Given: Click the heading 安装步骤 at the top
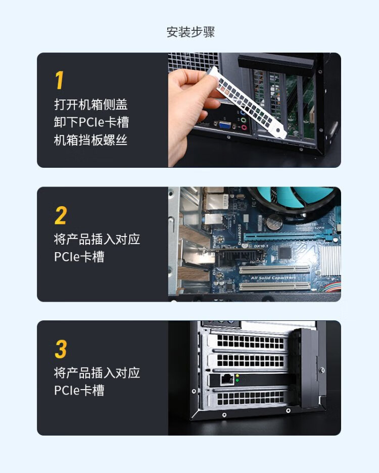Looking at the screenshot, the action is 191,32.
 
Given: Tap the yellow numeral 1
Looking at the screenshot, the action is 60,80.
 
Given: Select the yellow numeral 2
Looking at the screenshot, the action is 61,215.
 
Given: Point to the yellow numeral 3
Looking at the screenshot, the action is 61,349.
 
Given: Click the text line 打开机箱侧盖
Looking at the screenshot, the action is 91,105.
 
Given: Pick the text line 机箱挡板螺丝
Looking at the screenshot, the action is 90,140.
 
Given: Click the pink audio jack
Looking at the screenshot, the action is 245,127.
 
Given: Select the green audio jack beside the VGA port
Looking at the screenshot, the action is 244,120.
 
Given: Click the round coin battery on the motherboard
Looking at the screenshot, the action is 274,222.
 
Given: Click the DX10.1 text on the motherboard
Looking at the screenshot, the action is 261,247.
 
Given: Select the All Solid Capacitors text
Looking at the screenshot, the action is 273,278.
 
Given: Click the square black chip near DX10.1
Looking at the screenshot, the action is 284,253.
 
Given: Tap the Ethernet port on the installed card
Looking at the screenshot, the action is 227,380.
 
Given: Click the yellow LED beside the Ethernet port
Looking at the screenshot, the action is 237,376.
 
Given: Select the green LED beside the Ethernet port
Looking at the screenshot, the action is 237,381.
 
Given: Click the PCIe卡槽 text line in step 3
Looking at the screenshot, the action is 79,390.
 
